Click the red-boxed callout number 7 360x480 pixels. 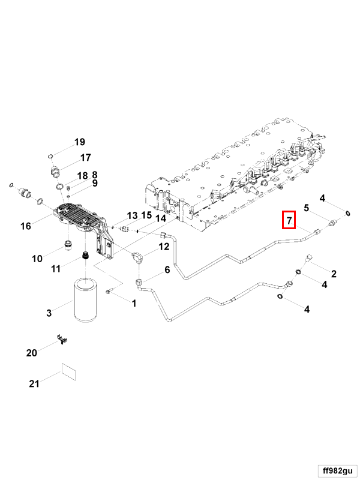289,221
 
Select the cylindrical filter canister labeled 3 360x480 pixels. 84,299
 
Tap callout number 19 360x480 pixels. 80,142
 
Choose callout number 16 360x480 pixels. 25,226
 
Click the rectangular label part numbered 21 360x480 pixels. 69,371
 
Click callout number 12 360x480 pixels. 164,246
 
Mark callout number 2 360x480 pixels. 334,274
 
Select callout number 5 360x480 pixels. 306,208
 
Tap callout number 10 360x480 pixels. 37,259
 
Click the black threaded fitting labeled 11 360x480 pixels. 85,256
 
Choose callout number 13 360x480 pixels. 132,215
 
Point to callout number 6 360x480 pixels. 167,270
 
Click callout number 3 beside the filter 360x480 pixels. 50,313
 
